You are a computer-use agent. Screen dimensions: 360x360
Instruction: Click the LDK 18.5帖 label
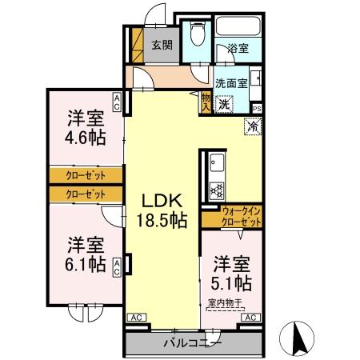coord(165,210)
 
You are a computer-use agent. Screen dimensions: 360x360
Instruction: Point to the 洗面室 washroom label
coord(230,81)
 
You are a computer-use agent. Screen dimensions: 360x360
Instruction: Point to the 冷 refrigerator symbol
coord(253,126)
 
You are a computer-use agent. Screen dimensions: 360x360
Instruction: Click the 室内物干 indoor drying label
coord(226,302)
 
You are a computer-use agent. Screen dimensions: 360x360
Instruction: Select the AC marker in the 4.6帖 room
coord(117,102)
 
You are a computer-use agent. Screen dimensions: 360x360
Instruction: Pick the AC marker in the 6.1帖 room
coord(117,266)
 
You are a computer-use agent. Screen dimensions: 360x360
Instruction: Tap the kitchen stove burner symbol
coord(215,190)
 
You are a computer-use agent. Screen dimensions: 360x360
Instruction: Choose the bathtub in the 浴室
coord(237,25)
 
